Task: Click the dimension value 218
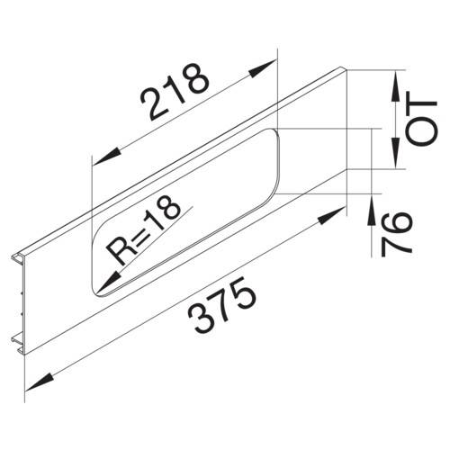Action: coord(174,92)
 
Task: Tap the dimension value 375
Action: coord(222,305)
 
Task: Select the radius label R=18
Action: coord(143,230)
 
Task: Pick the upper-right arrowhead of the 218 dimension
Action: coord(262,68)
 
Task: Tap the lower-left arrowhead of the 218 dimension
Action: coord(107,157)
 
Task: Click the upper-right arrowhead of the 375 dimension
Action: coord(331,215)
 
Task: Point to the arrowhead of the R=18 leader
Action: coord(108,282)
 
